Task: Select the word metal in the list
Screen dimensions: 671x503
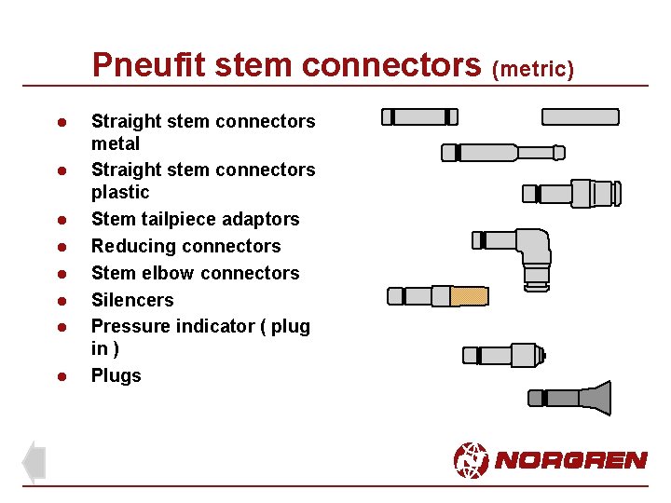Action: point(115,144)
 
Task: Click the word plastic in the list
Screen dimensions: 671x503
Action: point(120,193)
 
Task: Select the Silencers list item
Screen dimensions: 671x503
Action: point(131,300)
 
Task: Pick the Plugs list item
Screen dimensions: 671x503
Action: point(116,376)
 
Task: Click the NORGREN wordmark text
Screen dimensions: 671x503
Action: point(570,460)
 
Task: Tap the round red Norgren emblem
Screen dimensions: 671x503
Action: point(471,459)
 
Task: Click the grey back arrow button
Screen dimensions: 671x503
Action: point(34,461)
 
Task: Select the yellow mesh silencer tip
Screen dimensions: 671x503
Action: point(470,296)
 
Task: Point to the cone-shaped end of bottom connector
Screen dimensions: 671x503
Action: point(596,398)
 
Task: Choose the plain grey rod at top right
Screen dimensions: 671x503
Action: point(580,116)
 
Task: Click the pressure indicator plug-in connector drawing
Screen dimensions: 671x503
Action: point(503,355)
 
